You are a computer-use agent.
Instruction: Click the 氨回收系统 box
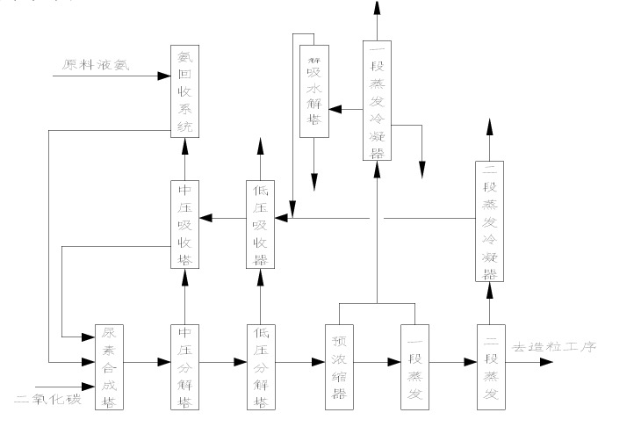point(184,92)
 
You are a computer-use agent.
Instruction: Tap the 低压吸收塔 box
point(260,224)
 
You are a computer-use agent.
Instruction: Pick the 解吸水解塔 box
point(313,91)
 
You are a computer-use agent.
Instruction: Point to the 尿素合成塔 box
point(108,367)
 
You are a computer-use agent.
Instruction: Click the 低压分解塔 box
point(260,367)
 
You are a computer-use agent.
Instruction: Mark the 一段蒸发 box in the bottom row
point(414,367)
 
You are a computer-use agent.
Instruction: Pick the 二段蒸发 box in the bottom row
point(490,367)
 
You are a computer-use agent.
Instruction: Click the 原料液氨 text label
point(97,65)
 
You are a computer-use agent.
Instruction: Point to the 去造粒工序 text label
point(555,348)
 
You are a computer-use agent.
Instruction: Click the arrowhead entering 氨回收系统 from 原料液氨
point(164,76)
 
